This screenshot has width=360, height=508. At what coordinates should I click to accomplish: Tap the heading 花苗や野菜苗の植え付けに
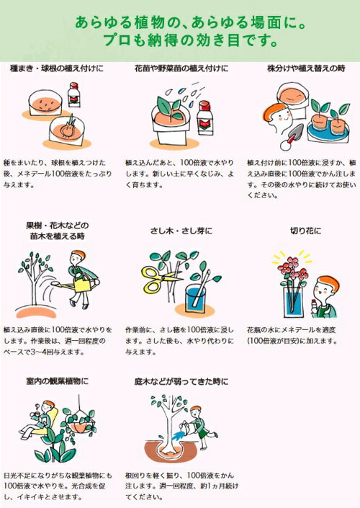pyautogui.click(x=180, y=71)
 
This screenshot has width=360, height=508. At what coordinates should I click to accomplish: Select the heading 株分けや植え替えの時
pyautogui.click(x=301, y=71)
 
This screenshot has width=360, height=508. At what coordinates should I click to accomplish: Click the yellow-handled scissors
pyautogui.click(x=159, y=277)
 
